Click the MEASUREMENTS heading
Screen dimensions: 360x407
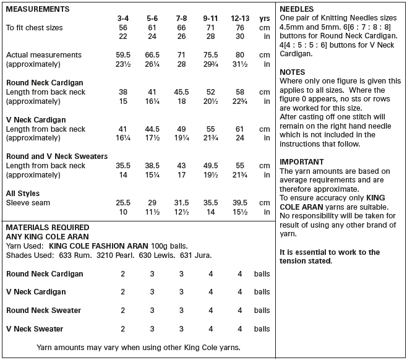pyautogui.click(x=37, y=9)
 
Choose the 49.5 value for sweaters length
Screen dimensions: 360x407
pyautogui.click(x=211, y=165)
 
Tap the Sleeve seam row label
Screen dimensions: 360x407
pyautogui.click(x=28, y=202)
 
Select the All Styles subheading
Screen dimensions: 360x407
pyautogui.click(x=24, y=193)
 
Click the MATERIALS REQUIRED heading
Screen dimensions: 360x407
pyautogui.click(x=47, y=227)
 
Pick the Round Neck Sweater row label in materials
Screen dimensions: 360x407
pyautogui.click(x=43, y=310)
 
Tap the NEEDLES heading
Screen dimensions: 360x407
pyautogui.click(x=297, y=9)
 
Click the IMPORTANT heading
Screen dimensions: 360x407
pyautogui.click(x=302, y=161)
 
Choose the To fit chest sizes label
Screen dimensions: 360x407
pyautogui.click(x=34, y=28)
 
